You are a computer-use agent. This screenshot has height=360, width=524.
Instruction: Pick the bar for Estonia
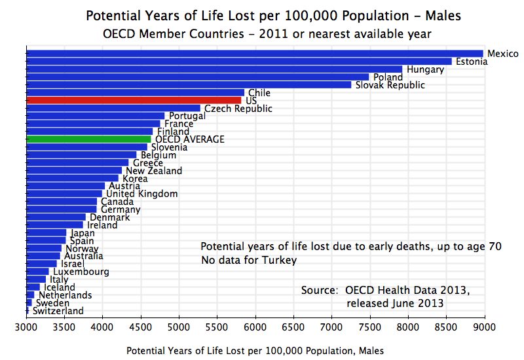pyautogui.click(x=238, y=62)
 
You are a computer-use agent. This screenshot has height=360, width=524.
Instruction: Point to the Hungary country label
pyautogui.click(x=425, y=69)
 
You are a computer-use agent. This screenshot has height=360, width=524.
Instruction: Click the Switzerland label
pyautogui.click(x=58, y=311)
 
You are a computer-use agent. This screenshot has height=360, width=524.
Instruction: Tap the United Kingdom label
pyautogui.click(x=142, y=194)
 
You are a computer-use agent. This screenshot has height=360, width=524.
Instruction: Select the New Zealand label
pyautogui.click(x=154, y=171)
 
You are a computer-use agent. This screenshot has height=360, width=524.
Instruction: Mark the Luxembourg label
pyautogui.click(x=81, y=272)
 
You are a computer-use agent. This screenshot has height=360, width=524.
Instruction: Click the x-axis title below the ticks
pyautogui.click(x=255, y=351)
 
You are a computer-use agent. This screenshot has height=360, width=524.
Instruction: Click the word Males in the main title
pyautogui.click(x=421, y=15)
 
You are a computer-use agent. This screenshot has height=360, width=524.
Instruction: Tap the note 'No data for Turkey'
pyautogui.click(x=249, y=261)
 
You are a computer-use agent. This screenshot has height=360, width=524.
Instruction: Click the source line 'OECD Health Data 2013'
pyautogui.click(x=385, y=290)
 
